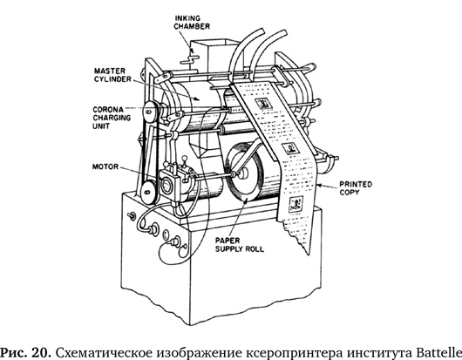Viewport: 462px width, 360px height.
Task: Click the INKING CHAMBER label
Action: click(x=192, y=23)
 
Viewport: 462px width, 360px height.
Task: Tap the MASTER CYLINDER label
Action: click(x=112, y=75)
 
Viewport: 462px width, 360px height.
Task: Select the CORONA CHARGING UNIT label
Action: click(x=112, y=118)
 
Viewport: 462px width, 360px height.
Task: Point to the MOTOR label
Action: click(x=105, y=166)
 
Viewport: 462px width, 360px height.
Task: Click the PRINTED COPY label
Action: click(x=356, y=188)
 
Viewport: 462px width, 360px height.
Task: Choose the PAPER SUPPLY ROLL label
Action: click(x=240, y=245)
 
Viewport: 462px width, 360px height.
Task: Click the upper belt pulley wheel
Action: click(x=150, y=112)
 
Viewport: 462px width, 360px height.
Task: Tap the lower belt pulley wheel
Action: click(x=148, y=192)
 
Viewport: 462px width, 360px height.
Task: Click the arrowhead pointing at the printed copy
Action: click(x=321, y=186)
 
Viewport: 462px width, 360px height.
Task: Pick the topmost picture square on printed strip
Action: click(x=262, y=104)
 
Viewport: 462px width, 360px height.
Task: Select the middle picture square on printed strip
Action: click(x=291, y=147)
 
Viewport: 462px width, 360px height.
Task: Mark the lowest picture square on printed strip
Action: click(x=296, y=204)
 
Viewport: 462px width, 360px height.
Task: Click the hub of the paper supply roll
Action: click(x=242, y=173)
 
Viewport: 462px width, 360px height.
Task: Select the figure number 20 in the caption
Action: click(x=44, y=352)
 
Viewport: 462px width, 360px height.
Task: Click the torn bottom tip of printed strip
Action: click(x=308, y=254)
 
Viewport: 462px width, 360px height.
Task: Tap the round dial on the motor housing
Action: click(x=166, y=186)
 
